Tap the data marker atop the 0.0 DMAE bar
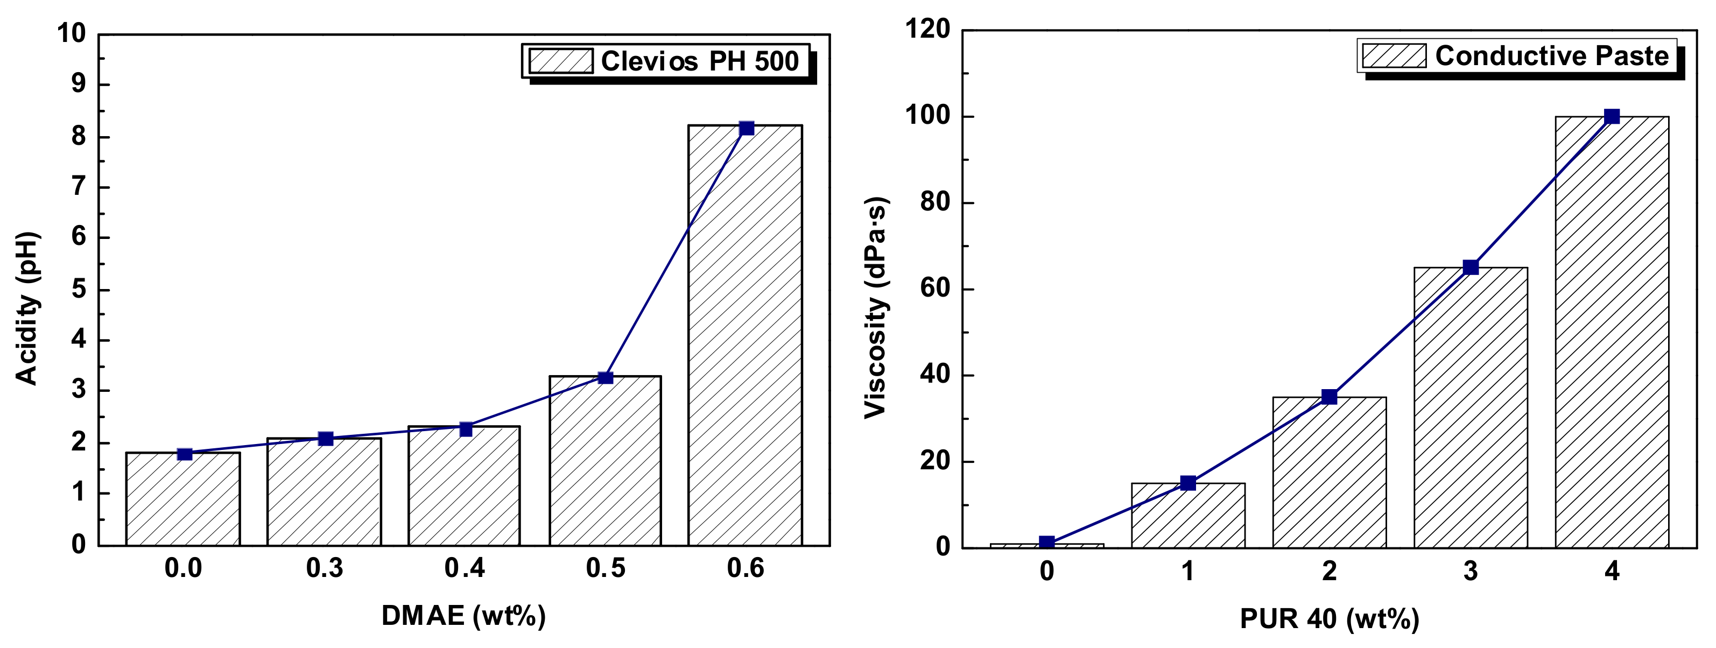(185, 454)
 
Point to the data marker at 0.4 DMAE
(466, 429)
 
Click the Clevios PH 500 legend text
(699, 62)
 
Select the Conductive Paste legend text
(1551, 56)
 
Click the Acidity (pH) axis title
(27, 308)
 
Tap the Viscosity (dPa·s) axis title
(876, 308)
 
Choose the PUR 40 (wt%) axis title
(1329, 619)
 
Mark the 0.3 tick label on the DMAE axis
(325, 569)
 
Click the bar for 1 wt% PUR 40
(1188, 516)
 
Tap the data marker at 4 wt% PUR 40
(1612, 117)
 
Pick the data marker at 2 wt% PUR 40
(1329, 397)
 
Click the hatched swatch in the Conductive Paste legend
(1394, 56)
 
